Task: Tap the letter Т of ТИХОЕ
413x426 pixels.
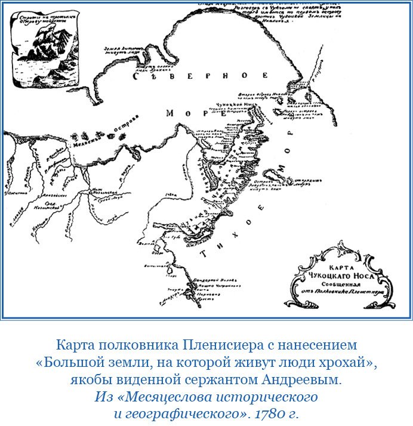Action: pyautogui.click(x=204, y=253)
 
